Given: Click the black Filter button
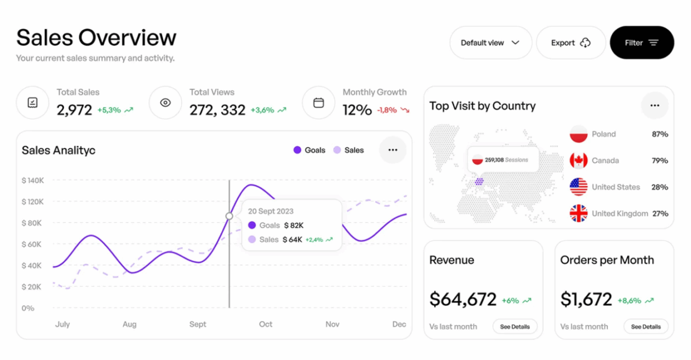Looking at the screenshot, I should [642, 43].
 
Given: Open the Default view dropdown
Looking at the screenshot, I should [490, 43].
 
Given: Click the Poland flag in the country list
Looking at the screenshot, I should [578, 134].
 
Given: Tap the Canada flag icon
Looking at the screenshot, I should [578, 161].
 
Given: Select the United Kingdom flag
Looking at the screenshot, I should [578, 213].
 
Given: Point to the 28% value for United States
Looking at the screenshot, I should [660, 187].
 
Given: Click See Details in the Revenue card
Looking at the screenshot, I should [515, 326].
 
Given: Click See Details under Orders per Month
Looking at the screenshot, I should [646, 326].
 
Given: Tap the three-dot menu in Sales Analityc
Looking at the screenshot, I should [393, 150].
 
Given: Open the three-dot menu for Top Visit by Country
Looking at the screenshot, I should [655, 105].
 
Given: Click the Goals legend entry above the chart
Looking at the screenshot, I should [309, 150].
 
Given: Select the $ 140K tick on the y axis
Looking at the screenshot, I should [33, 181].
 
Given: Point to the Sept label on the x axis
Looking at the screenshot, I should [198, 324].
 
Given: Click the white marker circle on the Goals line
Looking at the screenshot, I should [229, 216].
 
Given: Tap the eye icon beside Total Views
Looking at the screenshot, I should [165, 103].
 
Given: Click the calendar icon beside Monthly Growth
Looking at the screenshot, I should [318, 103].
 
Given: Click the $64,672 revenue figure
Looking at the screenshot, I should [463, 299].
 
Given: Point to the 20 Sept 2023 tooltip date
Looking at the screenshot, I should [271, 211].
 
